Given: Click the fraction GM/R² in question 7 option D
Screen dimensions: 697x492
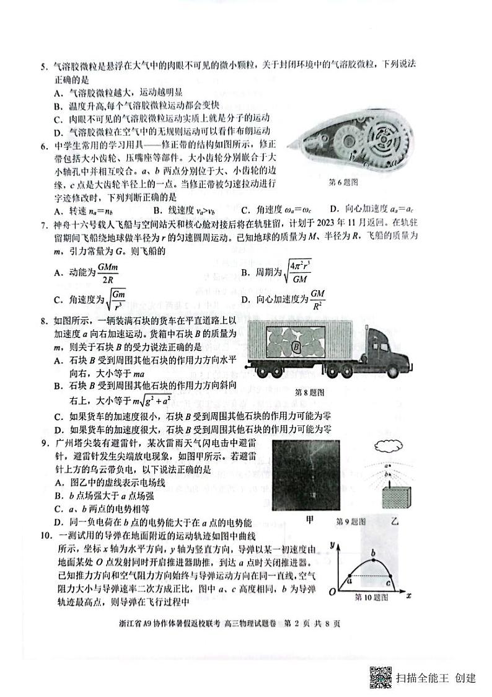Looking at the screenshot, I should [318, 300].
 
